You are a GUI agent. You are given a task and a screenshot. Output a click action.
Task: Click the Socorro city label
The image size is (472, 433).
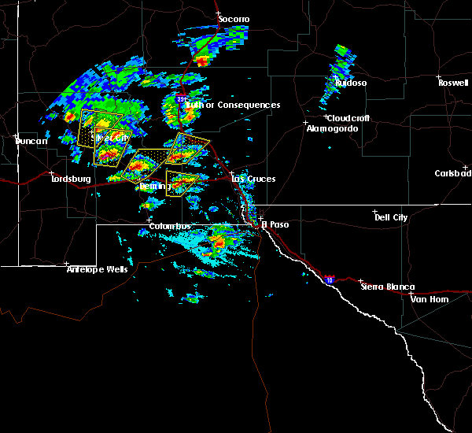tap(234, 19)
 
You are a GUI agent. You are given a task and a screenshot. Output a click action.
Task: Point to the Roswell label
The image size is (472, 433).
tap(453, 83)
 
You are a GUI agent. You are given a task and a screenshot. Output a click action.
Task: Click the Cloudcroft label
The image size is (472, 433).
tap(347, 118)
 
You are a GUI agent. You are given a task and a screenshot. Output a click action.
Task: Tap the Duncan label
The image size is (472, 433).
tap(31, 141)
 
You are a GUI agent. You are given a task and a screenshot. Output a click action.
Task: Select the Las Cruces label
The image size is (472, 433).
tap(253, 179)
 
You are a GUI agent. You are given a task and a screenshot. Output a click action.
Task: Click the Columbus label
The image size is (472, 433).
tap(170, 226)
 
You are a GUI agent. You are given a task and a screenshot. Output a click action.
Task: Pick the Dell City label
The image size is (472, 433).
tap(391, 217)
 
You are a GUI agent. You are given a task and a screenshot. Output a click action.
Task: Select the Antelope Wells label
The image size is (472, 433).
tap(97, 269)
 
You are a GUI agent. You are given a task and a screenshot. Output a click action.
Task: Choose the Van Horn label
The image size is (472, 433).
tap(428, 299)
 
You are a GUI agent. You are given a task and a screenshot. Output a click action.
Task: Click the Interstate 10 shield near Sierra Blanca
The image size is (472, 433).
tap(328, 279)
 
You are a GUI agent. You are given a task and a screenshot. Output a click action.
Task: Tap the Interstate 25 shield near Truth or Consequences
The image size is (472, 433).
tap(182, 99)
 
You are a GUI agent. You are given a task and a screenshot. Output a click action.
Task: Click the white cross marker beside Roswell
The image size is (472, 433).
tap(439, 76)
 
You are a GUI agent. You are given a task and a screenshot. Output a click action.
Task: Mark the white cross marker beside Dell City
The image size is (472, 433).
tap(375, 212)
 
